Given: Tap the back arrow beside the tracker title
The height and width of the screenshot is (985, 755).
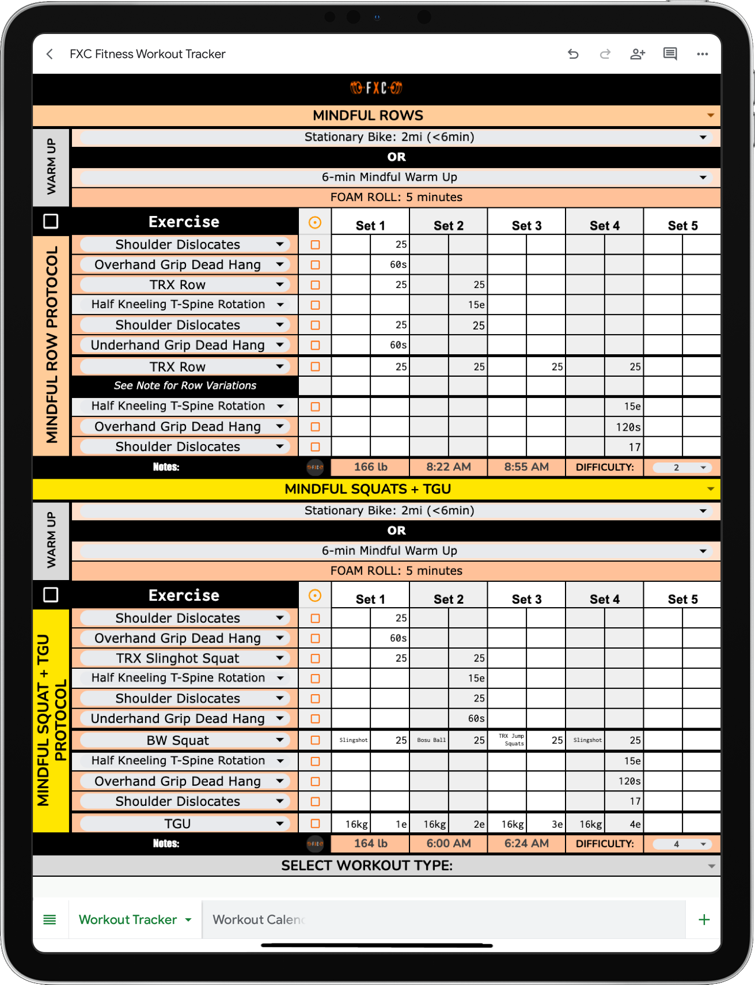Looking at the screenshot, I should click(50, 54).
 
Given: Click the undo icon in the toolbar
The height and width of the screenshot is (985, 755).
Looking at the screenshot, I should click(573, 54).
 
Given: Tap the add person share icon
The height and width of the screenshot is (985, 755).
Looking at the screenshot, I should click(638, 54).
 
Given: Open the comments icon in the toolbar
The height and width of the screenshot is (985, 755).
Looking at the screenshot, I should click(670, 54).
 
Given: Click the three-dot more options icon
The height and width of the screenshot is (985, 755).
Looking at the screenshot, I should click(702, 54).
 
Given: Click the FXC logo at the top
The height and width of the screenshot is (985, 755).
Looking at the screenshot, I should click(377, 88).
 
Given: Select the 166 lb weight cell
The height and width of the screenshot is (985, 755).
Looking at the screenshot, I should click(370, 467).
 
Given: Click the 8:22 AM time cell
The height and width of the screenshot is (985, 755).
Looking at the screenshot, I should click(448, 467).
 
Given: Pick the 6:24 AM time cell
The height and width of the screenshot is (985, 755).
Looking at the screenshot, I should click(526, 844).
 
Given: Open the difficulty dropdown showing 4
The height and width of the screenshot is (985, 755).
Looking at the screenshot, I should click(682, 844).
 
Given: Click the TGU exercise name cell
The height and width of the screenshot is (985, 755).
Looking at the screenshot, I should click(177, 824).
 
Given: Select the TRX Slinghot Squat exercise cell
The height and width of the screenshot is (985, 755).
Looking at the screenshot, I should click(177, 658).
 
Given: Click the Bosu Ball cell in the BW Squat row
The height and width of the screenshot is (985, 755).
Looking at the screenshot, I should click(431, 740).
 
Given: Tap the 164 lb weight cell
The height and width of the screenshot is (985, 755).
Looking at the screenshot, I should click(370, 844).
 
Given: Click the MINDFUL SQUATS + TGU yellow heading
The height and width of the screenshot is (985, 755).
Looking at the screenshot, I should click(367, 489).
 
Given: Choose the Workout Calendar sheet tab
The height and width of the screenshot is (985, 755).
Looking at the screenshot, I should click(259, 920).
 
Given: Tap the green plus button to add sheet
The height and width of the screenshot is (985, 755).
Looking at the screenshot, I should click(704, 920).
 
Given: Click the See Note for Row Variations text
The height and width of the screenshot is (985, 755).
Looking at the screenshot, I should click(185, 385).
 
